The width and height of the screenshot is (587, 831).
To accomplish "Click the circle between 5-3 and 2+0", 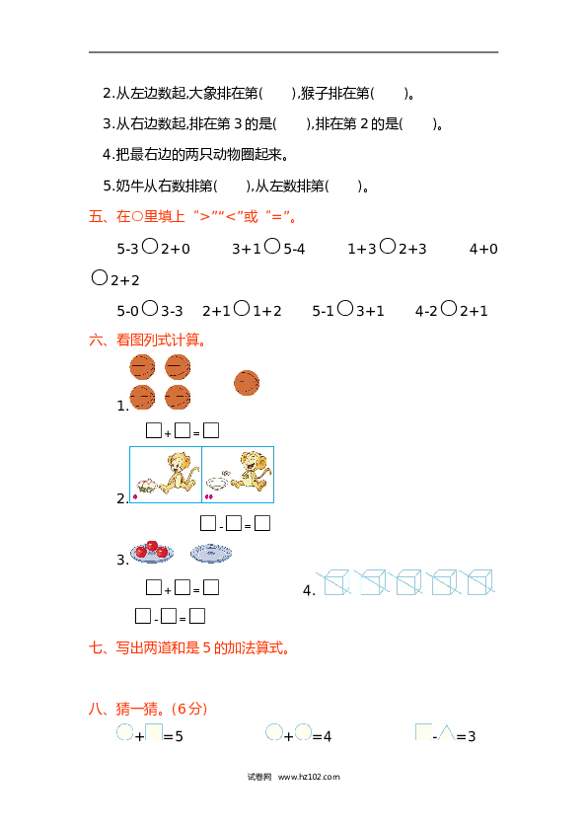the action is (151, 246).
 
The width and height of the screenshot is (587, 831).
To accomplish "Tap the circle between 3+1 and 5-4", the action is (272, 246).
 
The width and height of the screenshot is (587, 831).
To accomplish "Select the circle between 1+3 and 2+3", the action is (388, 246).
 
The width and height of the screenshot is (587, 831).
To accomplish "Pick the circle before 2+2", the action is (100, 277).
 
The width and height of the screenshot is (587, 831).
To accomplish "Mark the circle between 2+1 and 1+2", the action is (242, 308).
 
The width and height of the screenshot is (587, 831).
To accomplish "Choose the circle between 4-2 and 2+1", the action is (449, 308).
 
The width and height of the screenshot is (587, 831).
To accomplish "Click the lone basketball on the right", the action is (247, 383).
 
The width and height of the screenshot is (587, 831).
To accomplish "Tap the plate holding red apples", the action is (152, 553).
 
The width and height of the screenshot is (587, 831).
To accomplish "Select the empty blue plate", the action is (211, 553).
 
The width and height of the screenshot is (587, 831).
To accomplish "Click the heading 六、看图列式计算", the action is (148, 340).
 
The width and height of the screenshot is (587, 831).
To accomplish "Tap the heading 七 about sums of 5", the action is (189, 647).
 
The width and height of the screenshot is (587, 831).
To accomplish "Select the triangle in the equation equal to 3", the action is (446, 733).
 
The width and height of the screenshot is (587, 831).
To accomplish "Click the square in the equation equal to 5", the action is (154, 732).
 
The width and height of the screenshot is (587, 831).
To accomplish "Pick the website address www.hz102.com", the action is (309, 777).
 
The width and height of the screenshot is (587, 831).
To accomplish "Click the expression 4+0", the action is (483, 249).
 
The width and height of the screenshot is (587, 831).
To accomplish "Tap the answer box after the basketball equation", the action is (211, 430).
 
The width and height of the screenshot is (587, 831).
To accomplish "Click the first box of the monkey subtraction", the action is (208, 523).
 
